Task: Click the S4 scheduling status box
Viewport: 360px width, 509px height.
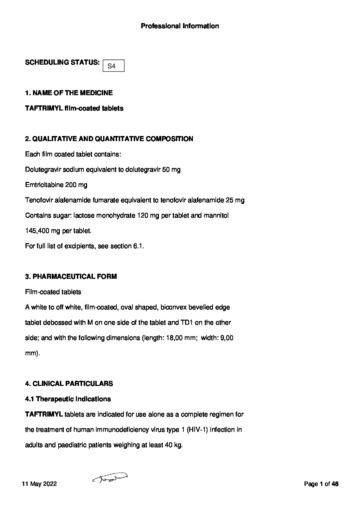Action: pos(113,66)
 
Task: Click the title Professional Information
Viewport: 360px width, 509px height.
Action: pos(180,26)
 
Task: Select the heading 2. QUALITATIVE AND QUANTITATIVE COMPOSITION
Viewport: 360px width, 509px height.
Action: pos(109,139)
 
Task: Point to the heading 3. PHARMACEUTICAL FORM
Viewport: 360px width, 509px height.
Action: pos(71,276)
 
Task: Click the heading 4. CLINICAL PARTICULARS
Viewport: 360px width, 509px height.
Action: pos(69,384)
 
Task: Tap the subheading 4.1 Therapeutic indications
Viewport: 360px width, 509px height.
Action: pos(68,399)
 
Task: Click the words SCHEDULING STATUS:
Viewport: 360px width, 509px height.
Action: pos(62,63)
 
